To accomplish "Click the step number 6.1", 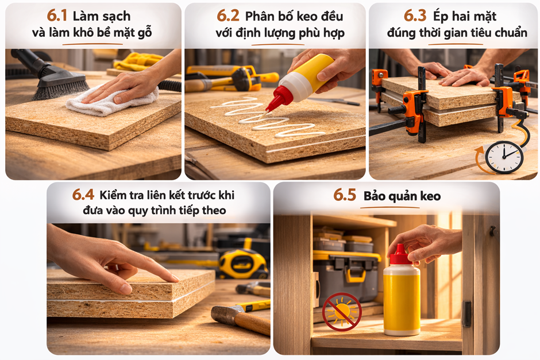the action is click(57, 16).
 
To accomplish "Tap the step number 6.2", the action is click(227, 16).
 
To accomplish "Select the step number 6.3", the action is click(415, 16).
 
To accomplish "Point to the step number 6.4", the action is click(83, 195).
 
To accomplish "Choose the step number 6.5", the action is click(344, 195).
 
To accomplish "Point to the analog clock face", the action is click(504, 157).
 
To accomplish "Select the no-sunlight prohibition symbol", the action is click(342, 312).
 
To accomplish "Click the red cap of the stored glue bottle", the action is click(400, 256).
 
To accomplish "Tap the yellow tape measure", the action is click(243, 264).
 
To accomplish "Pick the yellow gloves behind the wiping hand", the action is click(138, 61).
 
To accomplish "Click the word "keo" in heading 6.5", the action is click(430, 196).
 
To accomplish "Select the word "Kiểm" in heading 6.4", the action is click(113, 195).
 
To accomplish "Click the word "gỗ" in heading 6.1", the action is click(144, 33).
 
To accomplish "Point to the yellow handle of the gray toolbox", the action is click(356, 276).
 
